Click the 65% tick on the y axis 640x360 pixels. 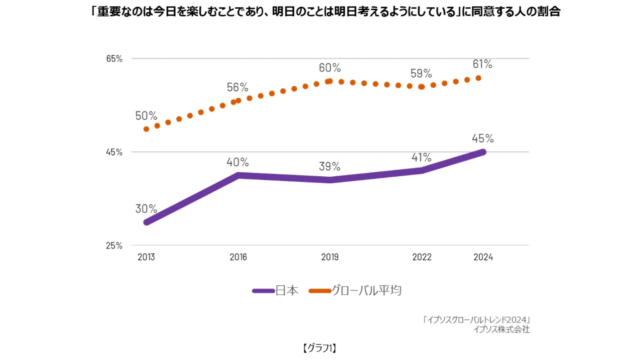[x=114, y=59]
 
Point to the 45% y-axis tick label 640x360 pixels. [x=114, y=152]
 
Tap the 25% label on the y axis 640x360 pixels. [x=114, y=246]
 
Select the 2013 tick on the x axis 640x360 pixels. [x=146, y=257]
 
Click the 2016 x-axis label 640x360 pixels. [x=238, y=257]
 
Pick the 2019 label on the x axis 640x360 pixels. [x=330, y=257]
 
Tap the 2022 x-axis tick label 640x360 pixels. [x=422, y=257]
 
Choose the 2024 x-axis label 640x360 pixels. [x=483, y=257]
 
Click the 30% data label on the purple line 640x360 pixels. [x=146, y=209]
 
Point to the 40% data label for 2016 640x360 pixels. [x=238, y=162]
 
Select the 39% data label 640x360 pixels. [x=330, y=167]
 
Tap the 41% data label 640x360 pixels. [x=421, y=158]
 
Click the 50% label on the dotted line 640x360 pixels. [x=146, y=116]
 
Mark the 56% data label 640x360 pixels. [x=238, y=87]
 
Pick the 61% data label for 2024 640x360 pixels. [x=482, y=64]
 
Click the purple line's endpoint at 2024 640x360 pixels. [x=483, y=152]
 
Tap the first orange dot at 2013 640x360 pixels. [x=146, y=129]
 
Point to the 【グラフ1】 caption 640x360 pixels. [x=320, y=348]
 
